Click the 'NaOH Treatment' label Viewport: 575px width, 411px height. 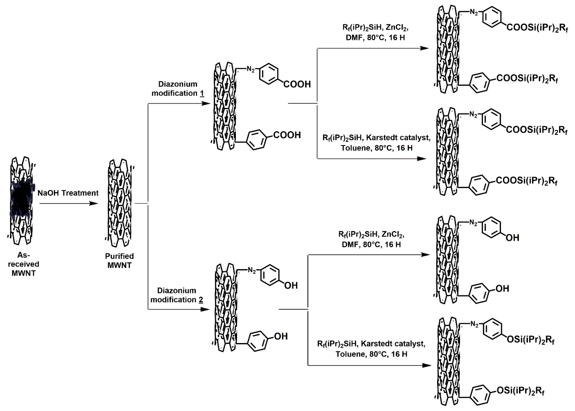tap(68, 193)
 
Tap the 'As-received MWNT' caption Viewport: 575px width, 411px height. tap(24, 264)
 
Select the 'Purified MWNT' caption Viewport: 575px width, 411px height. tap(119, 260)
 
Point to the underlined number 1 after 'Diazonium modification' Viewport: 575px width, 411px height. tap(202, 93)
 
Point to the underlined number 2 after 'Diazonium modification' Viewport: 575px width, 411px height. tap(201, 300)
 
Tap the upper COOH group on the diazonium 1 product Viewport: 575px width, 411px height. tap(297, 84)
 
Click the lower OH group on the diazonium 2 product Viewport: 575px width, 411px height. tap(281, 336)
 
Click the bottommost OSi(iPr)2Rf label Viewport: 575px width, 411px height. tap(520, 391)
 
